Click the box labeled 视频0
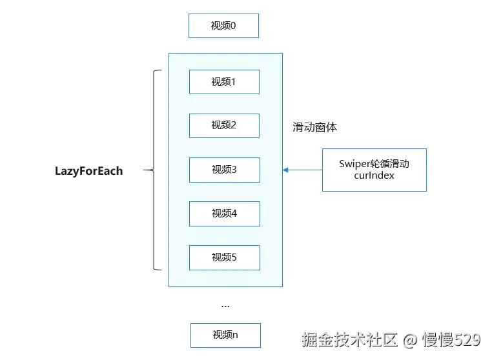click(x=223, y=26)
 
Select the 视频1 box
click(x=224, y=82)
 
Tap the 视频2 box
click(x=224, y=125)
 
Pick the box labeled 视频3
click(x=224, y=170)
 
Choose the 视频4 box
click(x=224, y=214)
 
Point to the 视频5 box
click(x=224, y=257)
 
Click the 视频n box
click(x=225, y=335)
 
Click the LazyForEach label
click(x=88, y=171)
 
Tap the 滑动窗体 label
click(x=314, y=127)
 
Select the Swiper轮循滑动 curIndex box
click(x=374, y=170)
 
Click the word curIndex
click(x=374, y=175)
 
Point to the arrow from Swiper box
click(x=303, y=170)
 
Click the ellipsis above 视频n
click(x=225, y=305)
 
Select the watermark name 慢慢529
click(x=451, y=339)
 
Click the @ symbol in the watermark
click(x=409, y=339)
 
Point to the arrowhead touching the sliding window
click(x=285, y=170)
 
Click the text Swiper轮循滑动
click(x=374, y=164)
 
